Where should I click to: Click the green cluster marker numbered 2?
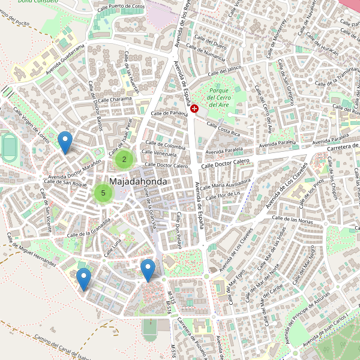click(124, 159)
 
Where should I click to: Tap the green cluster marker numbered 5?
click(103, 193)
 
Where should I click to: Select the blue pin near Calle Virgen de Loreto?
click(65, 142)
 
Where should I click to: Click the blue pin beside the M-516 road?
click(148, 269)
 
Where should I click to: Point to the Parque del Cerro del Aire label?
click(218, 97)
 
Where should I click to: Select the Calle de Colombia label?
click(166, 146)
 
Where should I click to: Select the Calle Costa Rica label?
click(223, 128)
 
